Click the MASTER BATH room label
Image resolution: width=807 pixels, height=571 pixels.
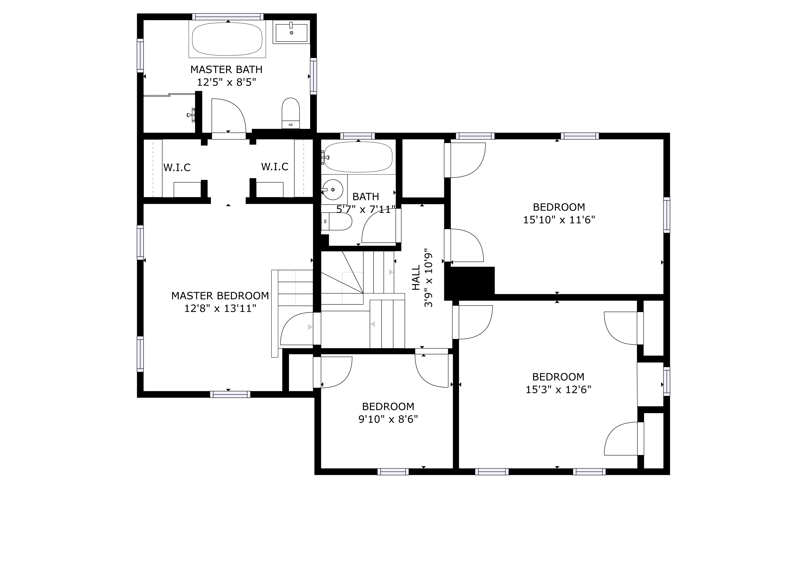tap(226, 70)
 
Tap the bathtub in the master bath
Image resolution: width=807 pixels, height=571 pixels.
tap(227, 39)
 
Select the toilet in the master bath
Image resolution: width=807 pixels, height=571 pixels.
tap(291, 113)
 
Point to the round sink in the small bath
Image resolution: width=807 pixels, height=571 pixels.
tap(332, 190)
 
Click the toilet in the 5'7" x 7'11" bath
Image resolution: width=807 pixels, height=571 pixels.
tap(337, 221)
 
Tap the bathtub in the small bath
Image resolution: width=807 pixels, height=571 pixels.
tap(358, 157)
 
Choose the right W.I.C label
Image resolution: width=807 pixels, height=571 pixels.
tap(274, 167)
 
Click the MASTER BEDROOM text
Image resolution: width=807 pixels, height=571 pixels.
tap(220, 296)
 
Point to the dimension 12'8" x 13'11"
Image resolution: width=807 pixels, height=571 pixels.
tap(220, 309)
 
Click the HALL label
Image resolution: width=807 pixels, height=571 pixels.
tap(416, 278)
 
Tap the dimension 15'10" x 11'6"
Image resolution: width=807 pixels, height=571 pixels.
tap(559, 220)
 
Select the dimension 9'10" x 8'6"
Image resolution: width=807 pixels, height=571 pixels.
tap(388, 419)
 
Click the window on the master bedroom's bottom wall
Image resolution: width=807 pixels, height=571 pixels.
tap(230, 395)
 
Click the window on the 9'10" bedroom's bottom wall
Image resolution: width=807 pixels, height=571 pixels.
tap(393, 472)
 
